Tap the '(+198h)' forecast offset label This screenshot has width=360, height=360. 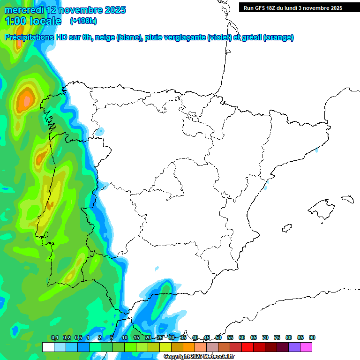point(83,21)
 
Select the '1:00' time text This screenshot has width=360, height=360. point(15,21)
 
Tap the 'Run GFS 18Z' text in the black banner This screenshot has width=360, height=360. point(259,8)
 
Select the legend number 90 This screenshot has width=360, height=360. point(312,337)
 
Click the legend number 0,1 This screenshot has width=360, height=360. point(55,337)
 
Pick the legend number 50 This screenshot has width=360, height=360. point(218,337)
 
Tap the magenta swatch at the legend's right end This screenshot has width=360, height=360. point(306,347)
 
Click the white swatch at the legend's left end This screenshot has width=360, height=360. point(48,347)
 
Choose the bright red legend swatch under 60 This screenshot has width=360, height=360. point(247,347)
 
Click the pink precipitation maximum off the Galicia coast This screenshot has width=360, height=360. point(26,99)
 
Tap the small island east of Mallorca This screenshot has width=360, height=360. point(347,199)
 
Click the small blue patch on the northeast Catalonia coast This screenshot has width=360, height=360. point(317,150)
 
